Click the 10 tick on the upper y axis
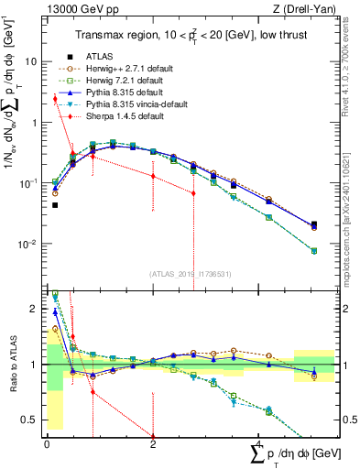point(32,62)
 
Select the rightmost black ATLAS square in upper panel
point(314,224)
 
